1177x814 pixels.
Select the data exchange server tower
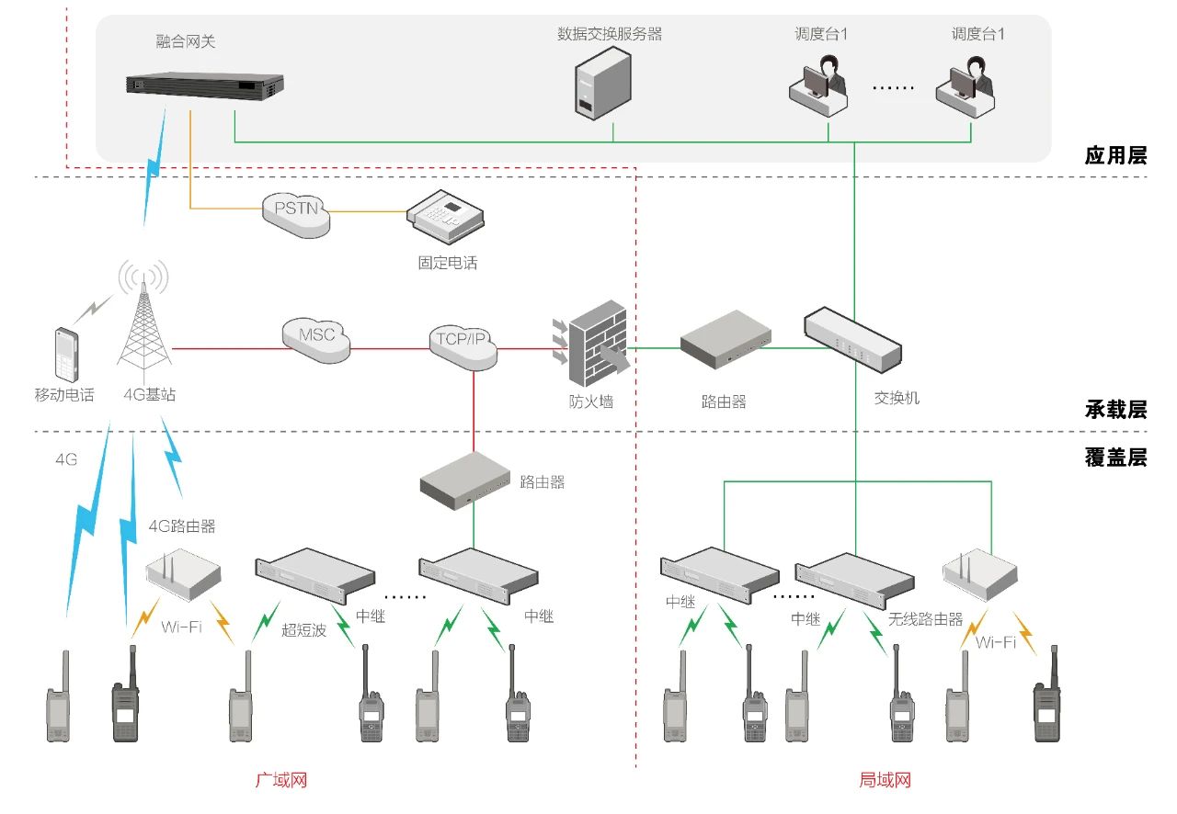[x=602, y=85]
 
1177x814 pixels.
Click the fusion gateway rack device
[x=200, y=86]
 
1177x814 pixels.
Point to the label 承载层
[x=1115, y=410]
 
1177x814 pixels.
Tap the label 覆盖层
[x=1115, y=458]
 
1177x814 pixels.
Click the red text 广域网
[x=280, y=781]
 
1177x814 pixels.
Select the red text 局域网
[x=885, y=781]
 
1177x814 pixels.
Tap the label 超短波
[x=303, y=630]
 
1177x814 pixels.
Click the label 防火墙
[x=590, y=401]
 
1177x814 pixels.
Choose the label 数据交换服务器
[x=610, y=35]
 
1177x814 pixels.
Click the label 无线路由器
[x=925, y=619]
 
